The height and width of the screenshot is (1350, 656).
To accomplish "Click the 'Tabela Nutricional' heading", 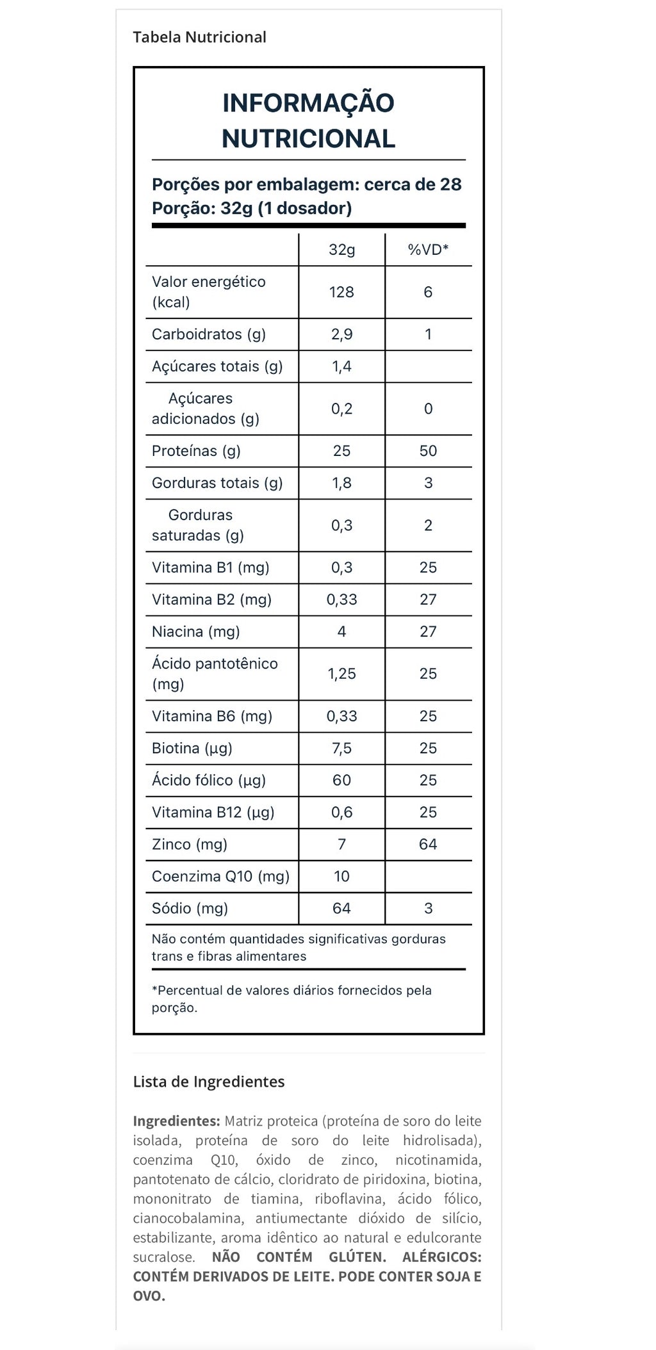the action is pyautogui.click(x=199, y=37).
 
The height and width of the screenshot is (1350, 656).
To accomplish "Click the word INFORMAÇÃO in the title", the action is pyautogui.click(x=308, y=103).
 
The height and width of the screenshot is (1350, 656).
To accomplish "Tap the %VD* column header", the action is pyautogui.click(x=428, y=250).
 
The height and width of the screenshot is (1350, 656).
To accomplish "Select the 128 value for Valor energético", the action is pyautogui.click(x=341, y=292).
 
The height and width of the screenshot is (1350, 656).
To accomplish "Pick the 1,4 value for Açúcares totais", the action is pyautogui.click(x=341, y=366).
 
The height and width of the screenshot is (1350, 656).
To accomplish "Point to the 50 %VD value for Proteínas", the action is pyautogui.click(x=428, y=451).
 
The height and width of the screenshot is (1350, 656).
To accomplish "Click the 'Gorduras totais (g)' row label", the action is pyautogui.click(x=217, y=483).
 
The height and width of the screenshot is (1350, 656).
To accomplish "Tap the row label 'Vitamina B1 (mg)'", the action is pyautogui.click(x=211, y=567).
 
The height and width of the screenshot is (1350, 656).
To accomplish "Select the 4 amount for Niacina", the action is pyautogui.click(x=341, y=631).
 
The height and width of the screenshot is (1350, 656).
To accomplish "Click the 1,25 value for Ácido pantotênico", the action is pyautogui.click(x=341, y=674).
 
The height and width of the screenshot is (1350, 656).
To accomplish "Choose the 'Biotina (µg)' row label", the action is pyautogui.click(x=192, y=748).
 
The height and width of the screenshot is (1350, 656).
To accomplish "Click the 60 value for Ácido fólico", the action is pyautogui.click(x=341, y=780).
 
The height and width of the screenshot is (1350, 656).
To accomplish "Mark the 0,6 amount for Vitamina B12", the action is pyautogui.click(x=341, y=812).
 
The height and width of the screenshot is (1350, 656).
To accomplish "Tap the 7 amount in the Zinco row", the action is pyautogui.click(x=341, y=844).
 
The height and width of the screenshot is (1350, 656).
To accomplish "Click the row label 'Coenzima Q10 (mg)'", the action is pyautogui.click(x=220, y=876).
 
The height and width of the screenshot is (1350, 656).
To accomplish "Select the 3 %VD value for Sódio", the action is pyautogui.click(x=428, y=908).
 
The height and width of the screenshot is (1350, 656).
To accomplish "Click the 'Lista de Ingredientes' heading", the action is pyautogui.click(x=209, y=1082).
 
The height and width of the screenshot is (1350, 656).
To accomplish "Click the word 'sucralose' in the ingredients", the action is pyautogui.click(x=163, y=1257).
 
